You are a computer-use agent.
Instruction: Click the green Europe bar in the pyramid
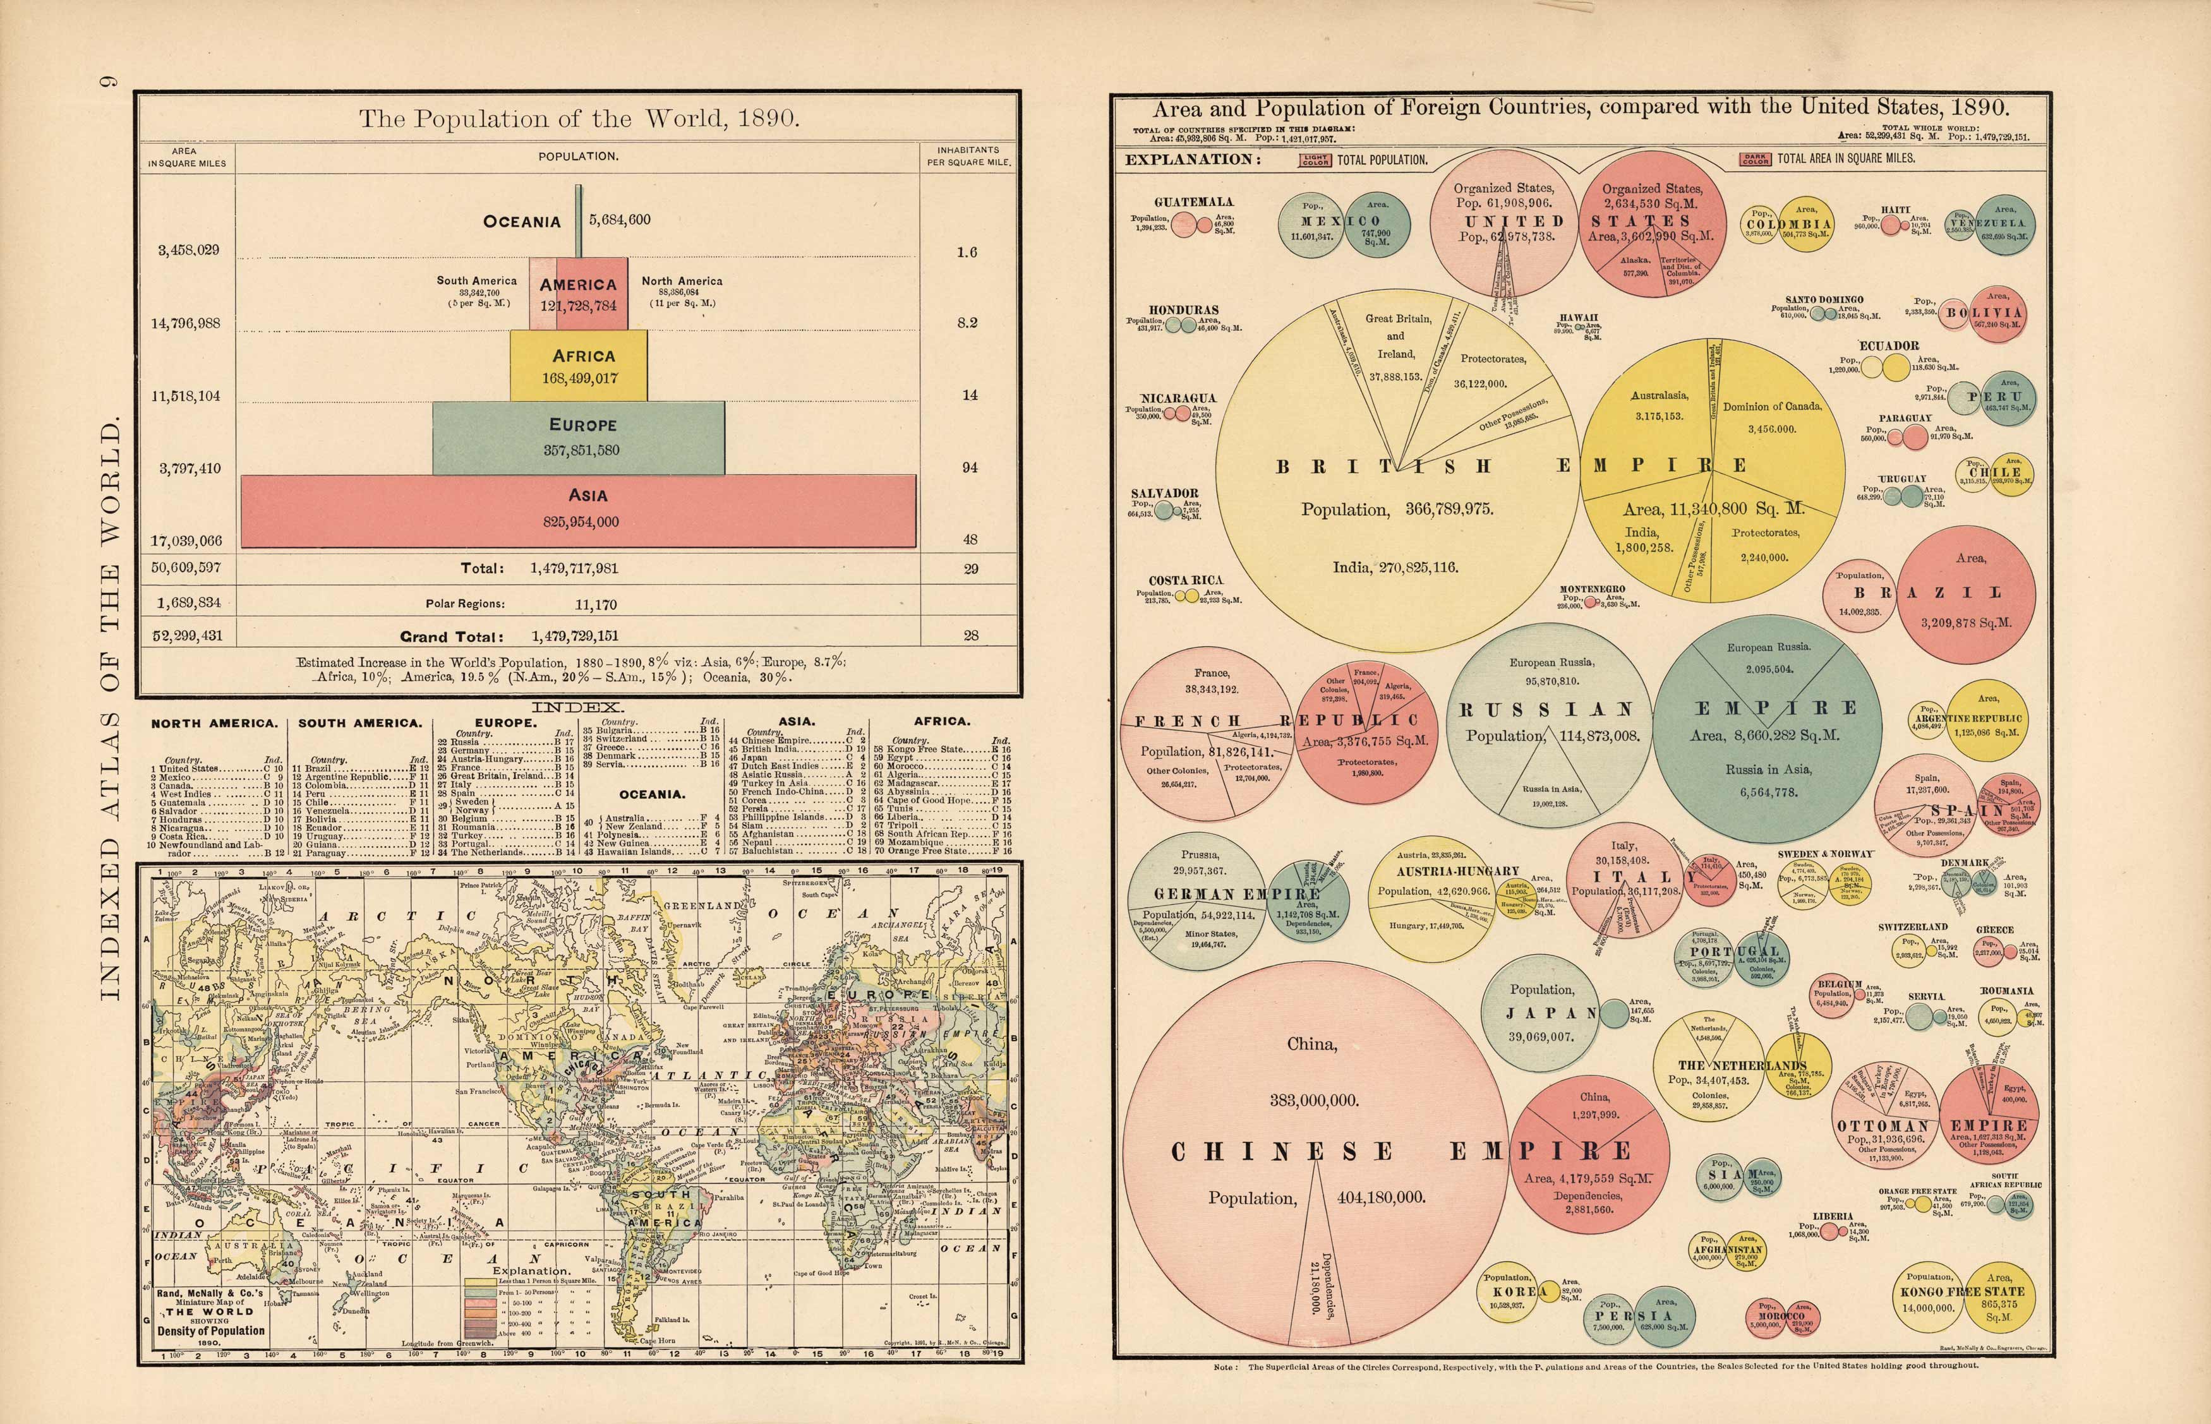(x=578, y=438)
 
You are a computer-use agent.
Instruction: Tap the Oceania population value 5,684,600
(x=620, y=220)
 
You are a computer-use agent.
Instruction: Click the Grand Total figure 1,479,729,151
(x=574, y=636)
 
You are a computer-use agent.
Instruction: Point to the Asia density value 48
(x=970, y=539)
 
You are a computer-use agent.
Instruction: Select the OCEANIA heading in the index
(x=652, y=794)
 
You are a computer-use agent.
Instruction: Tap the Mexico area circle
(x=1378, y=227)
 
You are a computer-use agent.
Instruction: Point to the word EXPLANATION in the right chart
(x=1192, y=159)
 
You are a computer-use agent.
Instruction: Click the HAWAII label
(x=1579, y=317)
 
